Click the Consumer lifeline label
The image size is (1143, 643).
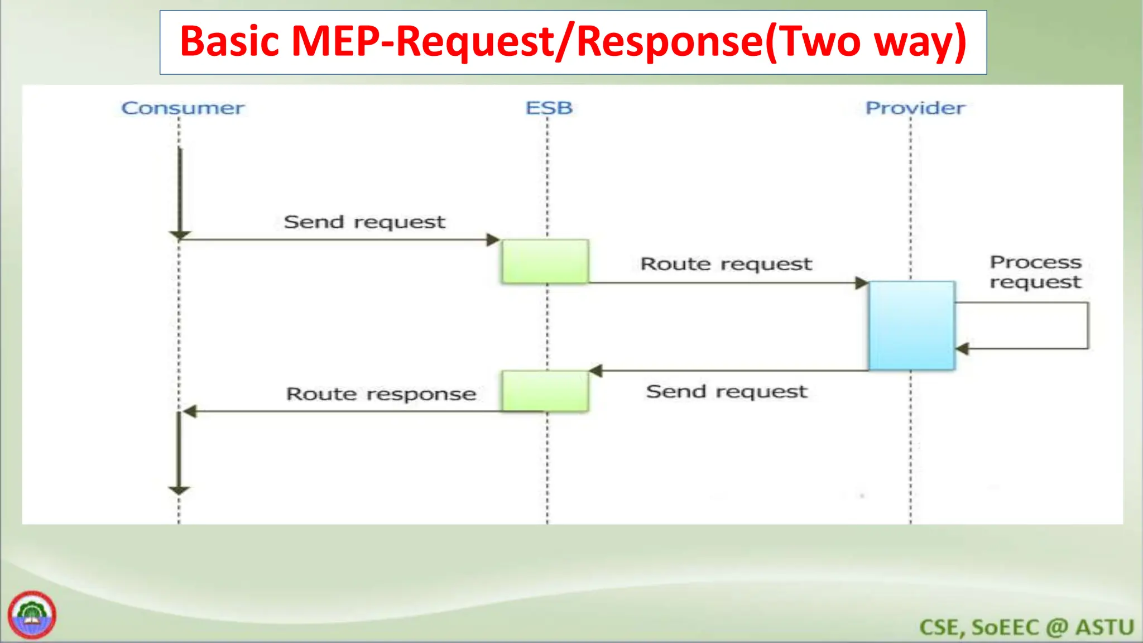click(183, 108)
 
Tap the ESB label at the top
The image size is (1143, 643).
click(549, 108)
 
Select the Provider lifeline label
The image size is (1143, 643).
click(915, 108)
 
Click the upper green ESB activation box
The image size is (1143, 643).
click(545, 261)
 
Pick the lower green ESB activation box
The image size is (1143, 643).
click(545, 391)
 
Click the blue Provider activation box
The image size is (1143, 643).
click(912, 325)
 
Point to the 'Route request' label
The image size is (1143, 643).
click(726, 264)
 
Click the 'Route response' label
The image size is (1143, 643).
click(381, 394)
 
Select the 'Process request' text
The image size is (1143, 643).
click(1035, 272)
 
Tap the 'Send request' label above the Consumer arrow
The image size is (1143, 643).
click(364, 222)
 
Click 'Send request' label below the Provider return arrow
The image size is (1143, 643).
click(727, 392)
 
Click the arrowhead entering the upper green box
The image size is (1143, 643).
click(493, 240)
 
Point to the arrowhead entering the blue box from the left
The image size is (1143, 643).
click(862, 283)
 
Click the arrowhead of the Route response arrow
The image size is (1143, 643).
click(190, 412)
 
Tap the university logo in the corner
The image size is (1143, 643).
click(32, 615)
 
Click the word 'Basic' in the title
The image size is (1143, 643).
click(229, 42)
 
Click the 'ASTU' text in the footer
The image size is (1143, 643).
click(1104, 627)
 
